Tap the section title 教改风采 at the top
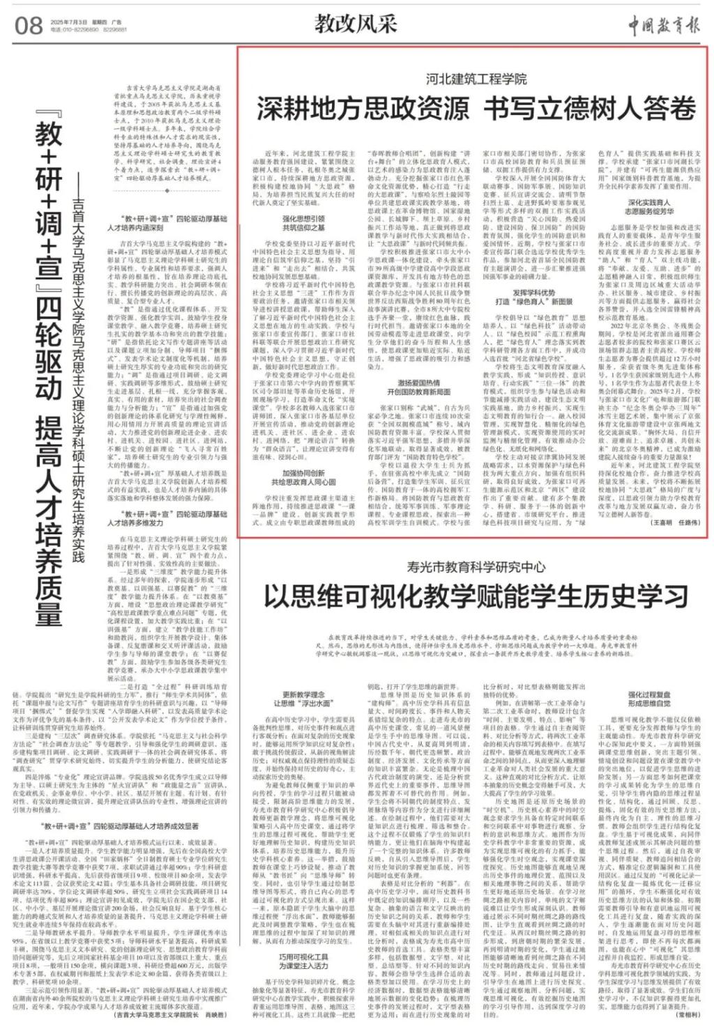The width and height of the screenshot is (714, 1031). click(355, 24)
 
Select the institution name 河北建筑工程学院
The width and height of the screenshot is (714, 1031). click(476, 79)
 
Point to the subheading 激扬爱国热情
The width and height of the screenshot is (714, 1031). click(418, 383)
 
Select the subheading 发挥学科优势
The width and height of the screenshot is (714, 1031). click(534, 293)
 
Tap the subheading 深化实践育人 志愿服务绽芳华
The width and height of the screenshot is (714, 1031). click(648, 207)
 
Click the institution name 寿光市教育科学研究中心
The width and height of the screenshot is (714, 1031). click(476, 567)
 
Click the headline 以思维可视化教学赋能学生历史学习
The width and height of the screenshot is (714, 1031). click(476, 597)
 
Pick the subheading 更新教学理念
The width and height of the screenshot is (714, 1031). click(303, 695)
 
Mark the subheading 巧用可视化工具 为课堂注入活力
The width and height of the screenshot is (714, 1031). click(303, 961)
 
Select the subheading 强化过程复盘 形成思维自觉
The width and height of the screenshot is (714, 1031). click(648, 699)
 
